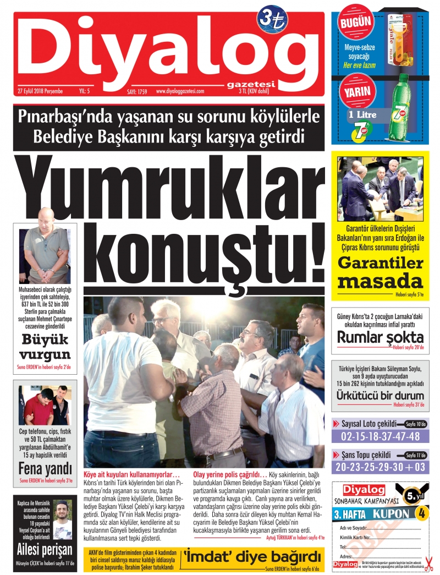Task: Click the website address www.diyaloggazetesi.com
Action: [180, 92]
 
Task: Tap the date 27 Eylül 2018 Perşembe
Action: [40, 91]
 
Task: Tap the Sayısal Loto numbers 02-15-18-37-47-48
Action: [381, 436]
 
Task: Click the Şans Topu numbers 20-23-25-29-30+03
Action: [381, 468]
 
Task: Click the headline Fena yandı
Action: [45, 469]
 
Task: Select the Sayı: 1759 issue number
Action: [138, 92]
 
